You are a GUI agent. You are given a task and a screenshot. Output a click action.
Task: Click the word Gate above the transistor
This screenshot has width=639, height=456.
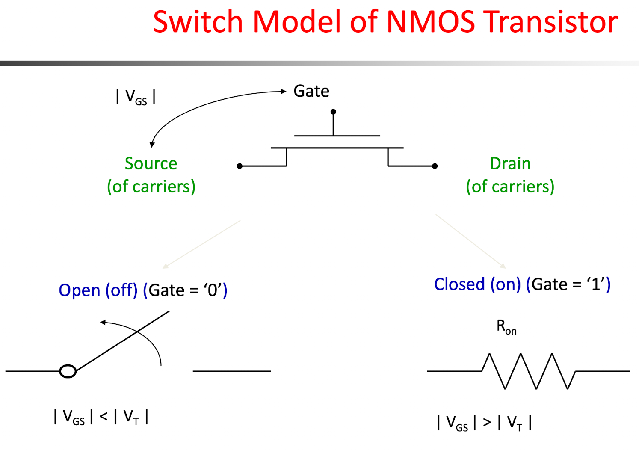click(311, 91)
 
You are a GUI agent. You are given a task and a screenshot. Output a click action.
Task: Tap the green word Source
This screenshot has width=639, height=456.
click(151, 163)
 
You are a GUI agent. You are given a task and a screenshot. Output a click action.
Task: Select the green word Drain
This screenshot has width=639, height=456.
click(510, 163)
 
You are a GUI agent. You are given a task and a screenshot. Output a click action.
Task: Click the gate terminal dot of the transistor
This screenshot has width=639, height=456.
click(333, 112)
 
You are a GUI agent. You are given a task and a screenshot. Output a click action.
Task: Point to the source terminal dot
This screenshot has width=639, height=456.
click(240, 166)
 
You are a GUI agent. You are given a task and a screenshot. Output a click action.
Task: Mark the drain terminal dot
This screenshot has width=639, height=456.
click(435, 166)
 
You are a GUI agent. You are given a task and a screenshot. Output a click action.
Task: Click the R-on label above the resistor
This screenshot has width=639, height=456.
click(507, 327)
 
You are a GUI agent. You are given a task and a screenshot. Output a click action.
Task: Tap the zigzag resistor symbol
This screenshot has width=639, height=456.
click(529, 371)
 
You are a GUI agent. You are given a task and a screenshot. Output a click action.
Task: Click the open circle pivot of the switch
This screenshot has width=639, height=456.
click(68, 371)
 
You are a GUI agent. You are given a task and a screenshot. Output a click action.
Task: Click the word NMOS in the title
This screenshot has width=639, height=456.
click(431, 22)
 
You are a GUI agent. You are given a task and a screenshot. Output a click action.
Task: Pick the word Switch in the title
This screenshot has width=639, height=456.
click(198, 21)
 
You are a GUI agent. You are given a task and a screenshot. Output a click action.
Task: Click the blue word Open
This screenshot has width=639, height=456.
click(80, 290)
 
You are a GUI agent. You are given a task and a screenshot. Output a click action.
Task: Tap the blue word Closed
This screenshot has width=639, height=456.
click(459, 284)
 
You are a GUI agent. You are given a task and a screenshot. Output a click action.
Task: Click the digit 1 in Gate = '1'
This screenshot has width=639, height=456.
click(596, 284)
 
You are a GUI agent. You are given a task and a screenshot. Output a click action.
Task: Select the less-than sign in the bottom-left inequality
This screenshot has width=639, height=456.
click(104, 417)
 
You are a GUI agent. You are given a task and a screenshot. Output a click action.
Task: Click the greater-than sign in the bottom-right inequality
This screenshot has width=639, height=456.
click(487, 422)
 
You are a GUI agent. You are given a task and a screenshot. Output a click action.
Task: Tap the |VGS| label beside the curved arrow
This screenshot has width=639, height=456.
click(136, 97)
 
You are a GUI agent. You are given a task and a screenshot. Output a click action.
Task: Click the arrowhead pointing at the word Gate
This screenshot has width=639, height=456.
click(283, 91)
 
